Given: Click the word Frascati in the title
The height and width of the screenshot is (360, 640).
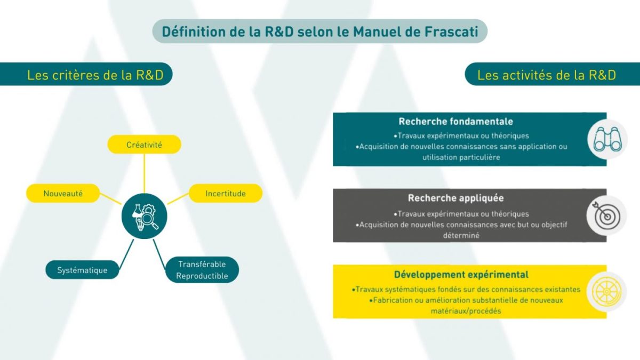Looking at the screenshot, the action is pyautogui.click(x=451, y=31).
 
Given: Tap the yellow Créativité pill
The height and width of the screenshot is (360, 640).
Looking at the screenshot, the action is pyautogui.click(x=145, y=145).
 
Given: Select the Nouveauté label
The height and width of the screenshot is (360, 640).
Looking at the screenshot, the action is pyautogui.click(x=63, y=194).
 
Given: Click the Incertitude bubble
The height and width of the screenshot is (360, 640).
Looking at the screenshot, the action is pyautogui.click(x=226, y=194).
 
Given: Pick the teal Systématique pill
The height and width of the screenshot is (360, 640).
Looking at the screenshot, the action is pyautogui.click(x=82, y=270).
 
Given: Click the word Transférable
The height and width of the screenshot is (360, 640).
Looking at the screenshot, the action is pyautogui.click(x=202, y=265).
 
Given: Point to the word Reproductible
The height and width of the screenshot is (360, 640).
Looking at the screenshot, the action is pyautogui.click(x=202, y=276).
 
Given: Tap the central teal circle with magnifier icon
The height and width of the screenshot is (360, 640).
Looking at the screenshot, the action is pyautogui.click(x=145, y=217).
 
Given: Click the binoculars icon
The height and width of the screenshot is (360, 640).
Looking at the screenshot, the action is pyautogui.click(x=607, y=139).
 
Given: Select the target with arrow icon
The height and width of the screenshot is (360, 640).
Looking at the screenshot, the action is pyautogui.click(x=607, y=215).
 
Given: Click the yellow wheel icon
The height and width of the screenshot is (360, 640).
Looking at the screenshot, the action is pyautogui.click(x=606, y=292).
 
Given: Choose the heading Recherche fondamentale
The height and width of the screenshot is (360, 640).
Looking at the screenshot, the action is pyautogui.click(x=455, y=122).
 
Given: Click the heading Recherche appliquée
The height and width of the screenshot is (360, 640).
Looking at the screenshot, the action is pyautogui.click(x=455, y=198).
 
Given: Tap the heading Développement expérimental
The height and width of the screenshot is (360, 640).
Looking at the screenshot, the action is pyautogui.click(x=461, y=275).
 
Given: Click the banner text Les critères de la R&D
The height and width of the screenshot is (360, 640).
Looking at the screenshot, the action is pyautogui.click(x=95, y=75).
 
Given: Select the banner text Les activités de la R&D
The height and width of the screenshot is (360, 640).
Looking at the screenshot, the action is pyautogui.click(x=547, y=75).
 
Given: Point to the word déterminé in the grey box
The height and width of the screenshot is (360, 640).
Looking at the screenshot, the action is pyautogui.click(x=461, y=235).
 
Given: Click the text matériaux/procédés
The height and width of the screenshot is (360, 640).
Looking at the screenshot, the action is pyautogui.click(x=466, y=311).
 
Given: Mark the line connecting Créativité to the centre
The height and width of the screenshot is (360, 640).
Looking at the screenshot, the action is pyautogui.click(x=145, y=173).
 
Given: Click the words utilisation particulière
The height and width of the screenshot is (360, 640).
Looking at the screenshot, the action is pyautogui.click(x=461, y=157).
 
